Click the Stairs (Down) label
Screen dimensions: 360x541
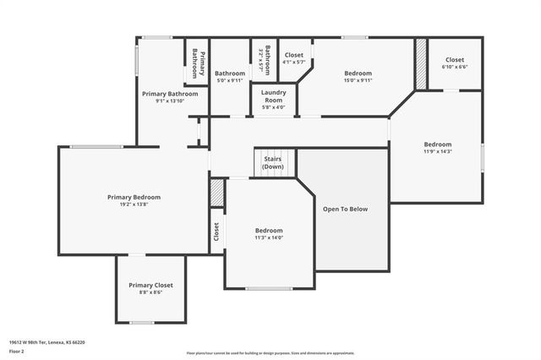point(272,162)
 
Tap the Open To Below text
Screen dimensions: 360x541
point(346,209)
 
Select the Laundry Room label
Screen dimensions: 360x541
point(273,95)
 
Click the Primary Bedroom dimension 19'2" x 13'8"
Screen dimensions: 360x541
point(134,205)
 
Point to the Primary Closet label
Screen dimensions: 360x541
point(150,285)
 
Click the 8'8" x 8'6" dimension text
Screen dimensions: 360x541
point(150,292)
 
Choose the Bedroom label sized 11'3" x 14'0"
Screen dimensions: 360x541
point(270,230)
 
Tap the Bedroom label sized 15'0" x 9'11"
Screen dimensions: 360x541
point(358,74)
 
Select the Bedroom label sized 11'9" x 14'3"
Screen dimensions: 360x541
point(438,144)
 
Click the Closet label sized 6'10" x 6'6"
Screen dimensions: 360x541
point(455,60)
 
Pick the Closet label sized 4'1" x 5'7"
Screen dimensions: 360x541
point(293,55)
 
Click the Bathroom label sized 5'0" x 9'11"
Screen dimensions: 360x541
point(229,74)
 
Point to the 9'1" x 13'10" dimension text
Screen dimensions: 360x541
point(170,101)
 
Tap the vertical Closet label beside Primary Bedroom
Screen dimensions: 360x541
point(216,232)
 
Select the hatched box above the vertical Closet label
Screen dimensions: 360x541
point(217,193)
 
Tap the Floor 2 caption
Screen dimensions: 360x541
point(16,350)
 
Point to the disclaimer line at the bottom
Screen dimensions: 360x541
point(270,352)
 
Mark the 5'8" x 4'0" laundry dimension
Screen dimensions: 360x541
point(273,107)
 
